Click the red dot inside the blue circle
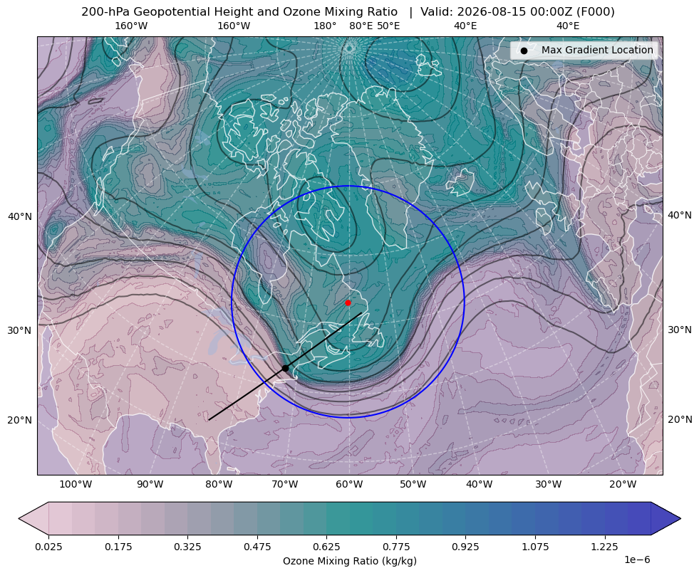tap(348, 303)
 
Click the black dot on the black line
tap(285, 368)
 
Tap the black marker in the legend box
tap(524, 51)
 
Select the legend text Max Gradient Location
tap(597, 50)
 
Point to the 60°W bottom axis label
tap(349, 485)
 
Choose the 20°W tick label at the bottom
tap(623, 485)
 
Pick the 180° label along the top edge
tap(325, 26)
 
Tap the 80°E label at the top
tap(361, 26)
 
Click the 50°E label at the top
tap(388, 26)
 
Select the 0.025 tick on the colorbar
tap(48, 547)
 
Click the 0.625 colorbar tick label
tap(326, 547)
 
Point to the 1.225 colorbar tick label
tap(604, 547)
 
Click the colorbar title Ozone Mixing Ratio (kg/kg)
tap(349, 560)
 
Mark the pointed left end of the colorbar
tap(19, 518)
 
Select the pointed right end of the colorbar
tap(680, 518)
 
